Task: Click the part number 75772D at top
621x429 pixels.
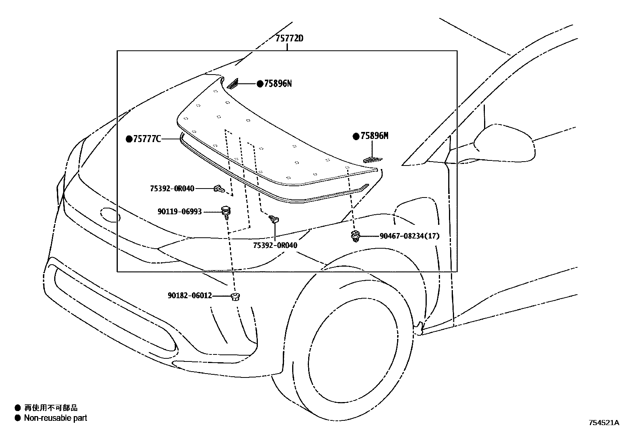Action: pyautogui.click(x=289, y=39)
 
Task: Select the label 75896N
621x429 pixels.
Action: pyautogui.click(x=278, y=84)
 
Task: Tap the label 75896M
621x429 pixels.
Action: pyautogui.click(x=374, y=136)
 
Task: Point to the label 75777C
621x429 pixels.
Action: pyautogui.click(x=147, y=139)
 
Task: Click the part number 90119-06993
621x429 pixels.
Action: pyautogui.click(x=179, y=212)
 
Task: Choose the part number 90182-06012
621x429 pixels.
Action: pyautogui.click(x=190, y=295)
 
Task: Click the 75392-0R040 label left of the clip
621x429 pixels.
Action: pyautogui.click(x=172, y=189)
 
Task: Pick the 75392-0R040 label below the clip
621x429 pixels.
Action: pyautogui.click(x=275, y=245)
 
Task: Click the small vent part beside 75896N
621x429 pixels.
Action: pyautogui.click(x=233, y=83)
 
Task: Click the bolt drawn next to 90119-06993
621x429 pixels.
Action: pyautogui.click(x=225, y=212)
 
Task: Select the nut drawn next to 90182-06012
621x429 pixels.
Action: pyautogui.click(x=235, y=296)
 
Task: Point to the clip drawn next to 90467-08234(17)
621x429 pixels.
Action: pyautogui.click(x=355, y=236)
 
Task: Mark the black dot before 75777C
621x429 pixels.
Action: pyautogui.click(x=129, y=139)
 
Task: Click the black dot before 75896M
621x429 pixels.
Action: pyautogui.click(x=356, y=136)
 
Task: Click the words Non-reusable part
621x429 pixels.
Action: pyautogui.click(x=55, y=418)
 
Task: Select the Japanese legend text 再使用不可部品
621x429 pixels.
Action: pyautogui.click(x=51, y=408)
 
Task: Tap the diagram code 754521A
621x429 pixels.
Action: pyautogui.click(x=604, y=422)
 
